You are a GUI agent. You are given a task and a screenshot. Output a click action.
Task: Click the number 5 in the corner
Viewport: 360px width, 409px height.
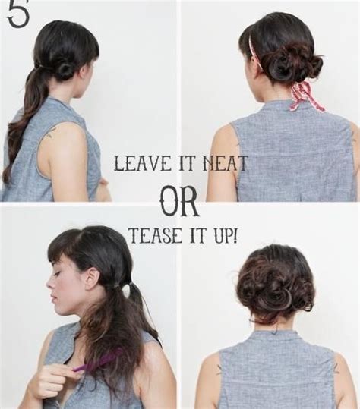18,14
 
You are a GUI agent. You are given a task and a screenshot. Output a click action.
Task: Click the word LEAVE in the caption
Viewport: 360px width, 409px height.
139,162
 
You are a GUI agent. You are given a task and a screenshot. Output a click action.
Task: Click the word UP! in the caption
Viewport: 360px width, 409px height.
223,234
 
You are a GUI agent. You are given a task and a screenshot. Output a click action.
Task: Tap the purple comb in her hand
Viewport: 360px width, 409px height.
99,360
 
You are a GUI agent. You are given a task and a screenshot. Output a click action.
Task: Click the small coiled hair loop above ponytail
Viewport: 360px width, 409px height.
65,68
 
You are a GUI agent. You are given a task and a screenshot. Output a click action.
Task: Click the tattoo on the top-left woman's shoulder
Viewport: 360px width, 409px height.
51,134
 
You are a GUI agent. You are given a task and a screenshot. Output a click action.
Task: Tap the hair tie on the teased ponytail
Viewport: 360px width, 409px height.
128,286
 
